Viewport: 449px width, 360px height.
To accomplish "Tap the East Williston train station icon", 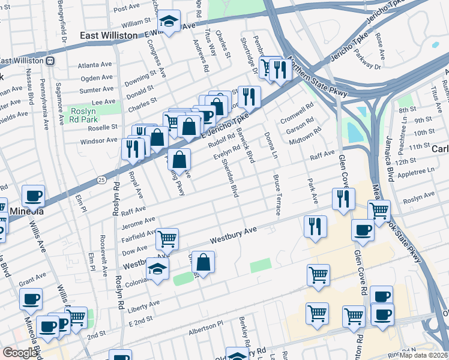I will tap(52, 61).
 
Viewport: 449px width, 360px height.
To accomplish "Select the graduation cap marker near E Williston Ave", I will tap(169, 23).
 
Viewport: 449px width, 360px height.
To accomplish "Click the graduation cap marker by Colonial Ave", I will tap(158, 270).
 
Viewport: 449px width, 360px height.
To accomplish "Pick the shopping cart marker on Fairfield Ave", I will tap(167, 239).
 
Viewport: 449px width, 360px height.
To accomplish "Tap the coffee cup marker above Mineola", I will tap(33, 196).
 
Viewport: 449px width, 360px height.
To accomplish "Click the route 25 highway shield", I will tap(102, 179).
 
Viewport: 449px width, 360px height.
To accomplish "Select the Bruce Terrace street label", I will tap(277, 195).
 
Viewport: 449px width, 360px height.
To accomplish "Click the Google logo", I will tap(20, 353).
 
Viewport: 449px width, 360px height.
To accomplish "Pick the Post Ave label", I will tap(126, 8).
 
